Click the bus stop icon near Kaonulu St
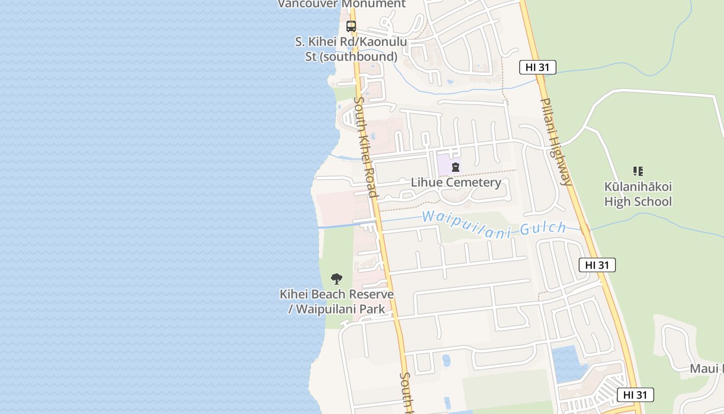coord(351,26)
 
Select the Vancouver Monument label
coord(342,4)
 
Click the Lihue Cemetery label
coord(456,182)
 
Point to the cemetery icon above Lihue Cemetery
coord(456,167)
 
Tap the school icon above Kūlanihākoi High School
coord(638,171)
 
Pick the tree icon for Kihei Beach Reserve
coord(337,279)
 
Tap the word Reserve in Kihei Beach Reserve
coord(370,294)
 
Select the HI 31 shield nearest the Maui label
coord(635,395)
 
